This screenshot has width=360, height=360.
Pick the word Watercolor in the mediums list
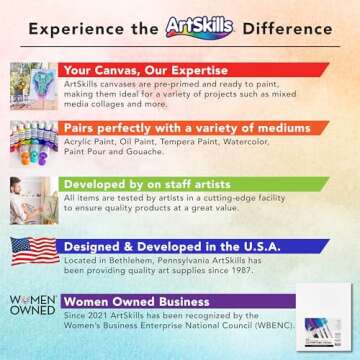[x=272, y=142]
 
